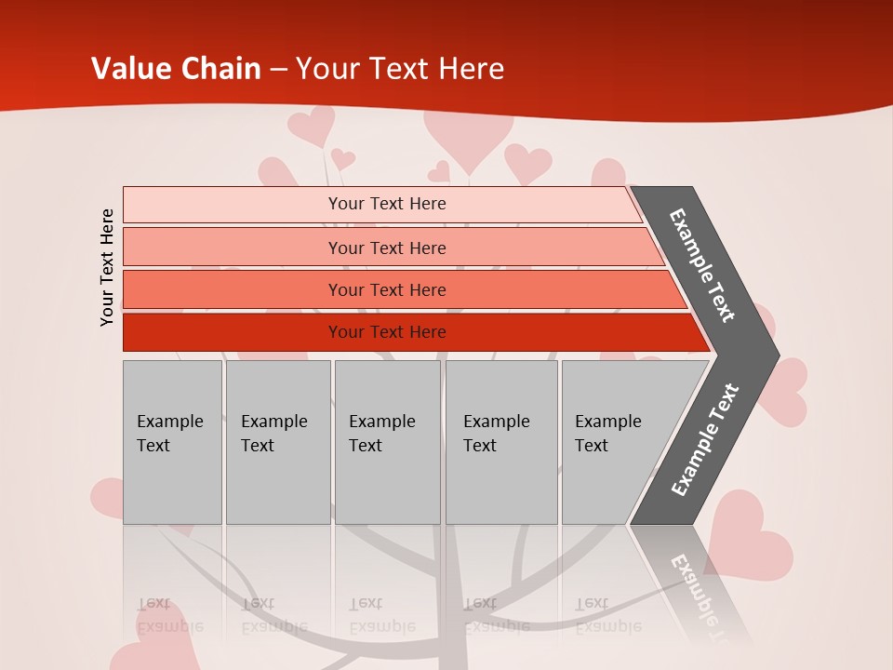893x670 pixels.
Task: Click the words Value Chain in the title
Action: click(x=176, y=69)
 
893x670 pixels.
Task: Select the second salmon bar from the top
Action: click(x=386, y=248)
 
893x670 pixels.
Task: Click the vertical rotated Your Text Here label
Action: click(x=108, y=267)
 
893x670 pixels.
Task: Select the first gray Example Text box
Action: click(x=172, y=442)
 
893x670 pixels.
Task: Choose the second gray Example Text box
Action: click(x=277, y=442)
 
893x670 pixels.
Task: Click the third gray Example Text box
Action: click(x=387, y=442)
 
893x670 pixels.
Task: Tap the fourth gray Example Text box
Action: click(x=501, y=442)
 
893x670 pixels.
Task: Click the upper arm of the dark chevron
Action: click(x=703, y=265)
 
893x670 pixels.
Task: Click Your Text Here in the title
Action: click(x=400, y=69)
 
